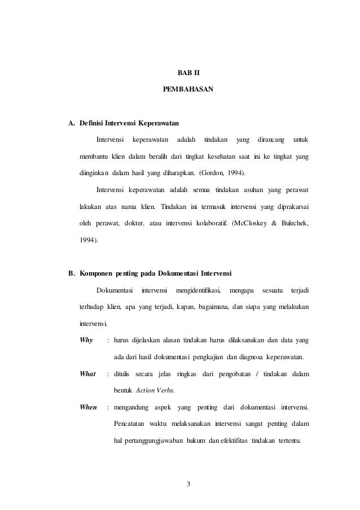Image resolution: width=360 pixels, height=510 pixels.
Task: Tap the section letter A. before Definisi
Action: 72,123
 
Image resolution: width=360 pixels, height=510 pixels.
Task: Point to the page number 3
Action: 188,483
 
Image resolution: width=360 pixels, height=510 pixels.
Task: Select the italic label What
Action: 88,373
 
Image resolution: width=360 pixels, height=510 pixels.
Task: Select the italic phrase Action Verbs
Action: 153,390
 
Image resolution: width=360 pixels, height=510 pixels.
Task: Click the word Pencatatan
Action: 130,423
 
